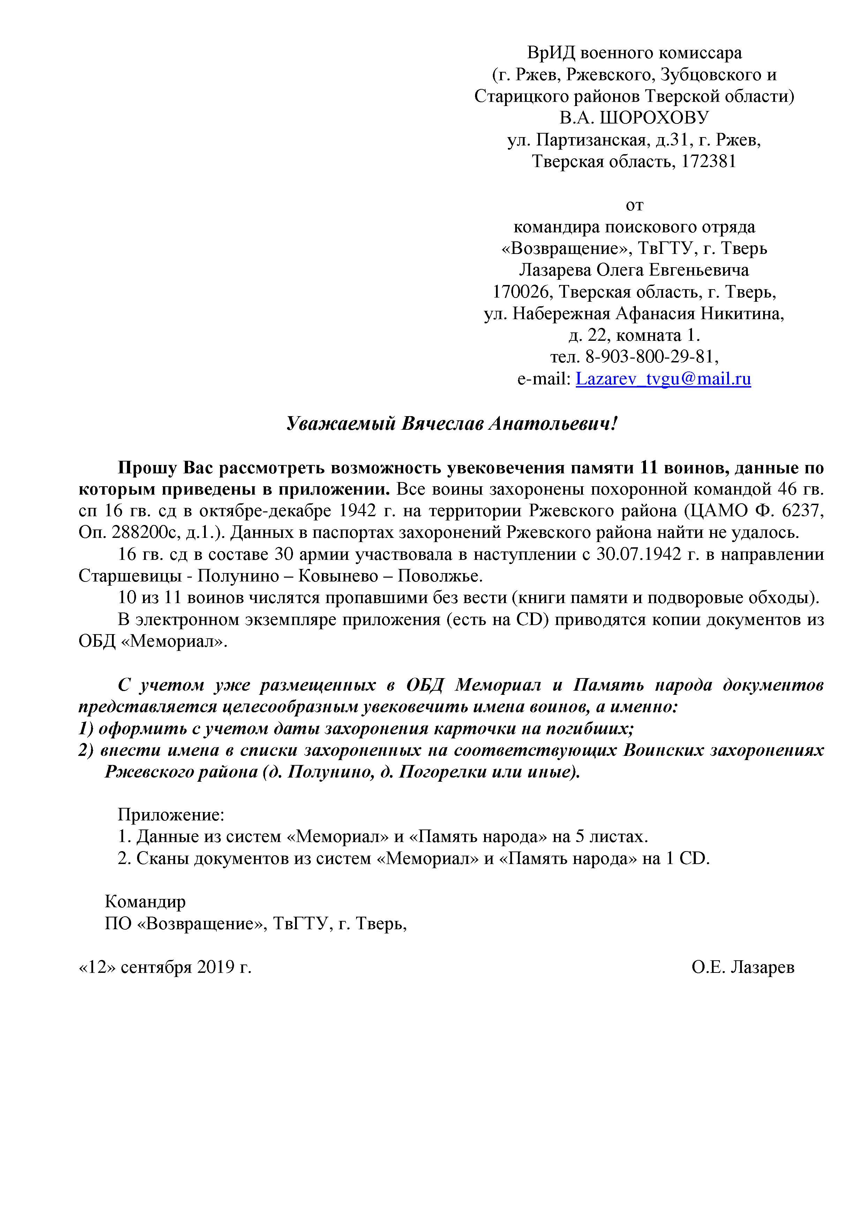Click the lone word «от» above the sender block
[634, 205]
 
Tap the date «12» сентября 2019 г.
[165, 967]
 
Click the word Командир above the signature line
[145, 901]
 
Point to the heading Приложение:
[171, 814]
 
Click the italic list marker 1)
[86, 728]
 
